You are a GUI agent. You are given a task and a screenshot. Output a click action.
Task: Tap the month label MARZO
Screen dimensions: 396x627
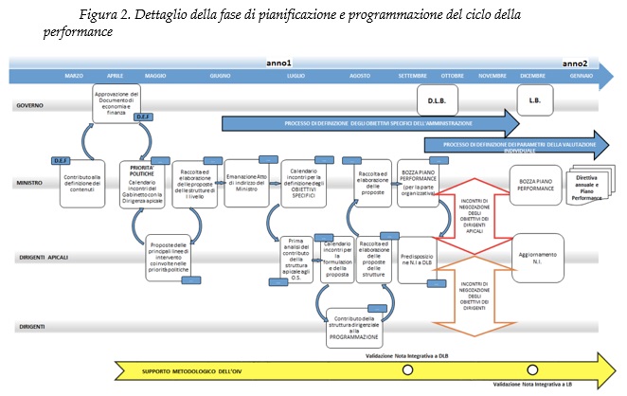(74, 75)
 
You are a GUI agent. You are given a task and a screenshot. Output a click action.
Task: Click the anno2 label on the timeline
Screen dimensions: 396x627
(575, 63)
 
